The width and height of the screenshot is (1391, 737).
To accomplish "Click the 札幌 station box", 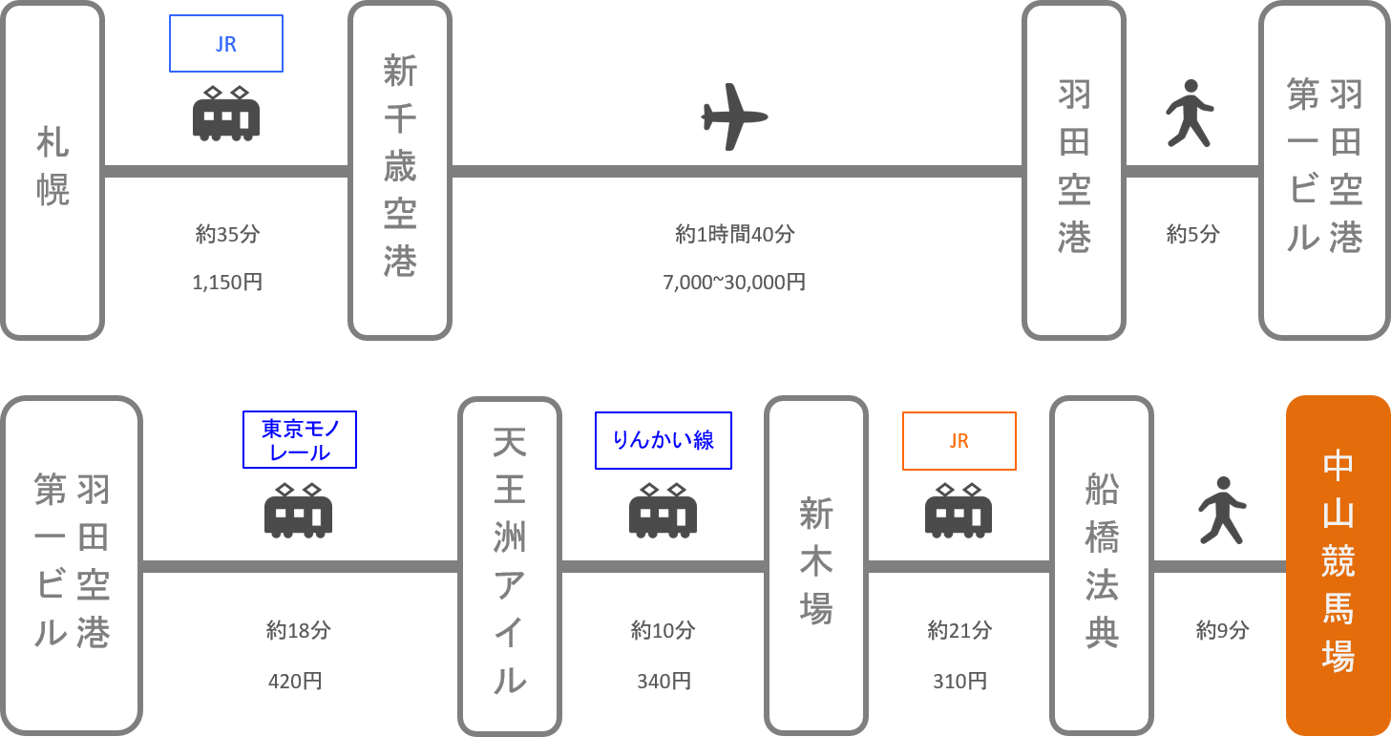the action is pyautogui.click(x=53, y=171).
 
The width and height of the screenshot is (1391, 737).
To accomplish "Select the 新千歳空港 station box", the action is pyautogui.click(x=400, y=171).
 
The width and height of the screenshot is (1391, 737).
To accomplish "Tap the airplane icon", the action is pyautogui.click(x=734, y=116).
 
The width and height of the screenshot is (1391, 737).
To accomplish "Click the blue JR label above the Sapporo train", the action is pyautogui.click(x=226, y=44).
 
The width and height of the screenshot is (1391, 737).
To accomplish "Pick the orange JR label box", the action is pyautogui.click(x=959, y=441).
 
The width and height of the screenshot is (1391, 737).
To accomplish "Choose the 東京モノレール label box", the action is pyautogui.click(x=300, y=439).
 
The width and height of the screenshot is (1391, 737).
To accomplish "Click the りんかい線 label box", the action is pyautogui.click(x=664, y=440).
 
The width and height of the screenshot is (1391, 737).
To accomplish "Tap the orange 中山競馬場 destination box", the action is pyautogui.click(x=1338, y=565).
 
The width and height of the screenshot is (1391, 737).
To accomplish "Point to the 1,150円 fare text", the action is pyautogui.click(x=227, y=283).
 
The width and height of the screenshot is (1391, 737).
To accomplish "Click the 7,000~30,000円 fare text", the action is pyautogui.click(x=734, y=283).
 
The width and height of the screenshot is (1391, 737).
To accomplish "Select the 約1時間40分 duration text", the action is pyautogui.click(x=734, y=234).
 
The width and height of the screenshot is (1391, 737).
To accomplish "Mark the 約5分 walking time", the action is pyautogui.click(x=1192, y=234).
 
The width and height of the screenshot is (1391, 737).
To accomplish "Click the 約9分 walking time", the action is pyautogui.click(x=1222, y=630).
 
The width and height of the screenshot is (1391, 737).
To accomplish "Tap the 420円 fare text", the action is pyautogui.click(x=295, y=681).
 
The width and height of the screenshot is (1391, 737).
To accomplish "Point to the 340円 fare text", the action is pyautogui.click(x=664, y=681).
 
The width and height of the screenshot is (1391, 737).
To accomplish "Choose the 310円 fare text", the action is pyautogui.click(x=959, y=681).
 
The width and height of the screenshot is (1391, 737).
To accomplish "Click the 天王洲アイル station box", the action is pyautogui.click(x=510, y=566).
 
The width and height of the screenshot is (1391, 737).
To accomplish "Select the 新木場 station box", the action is pyautogui.click(x=816, y=566).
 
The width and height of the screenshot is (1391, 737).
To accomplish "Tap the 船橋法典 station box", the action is pyautogui.click(x=1102, y=566).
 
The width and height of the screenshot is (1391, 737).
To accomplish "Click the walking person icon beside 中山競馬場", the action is pyautogui.click(x=1222, y=511).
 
